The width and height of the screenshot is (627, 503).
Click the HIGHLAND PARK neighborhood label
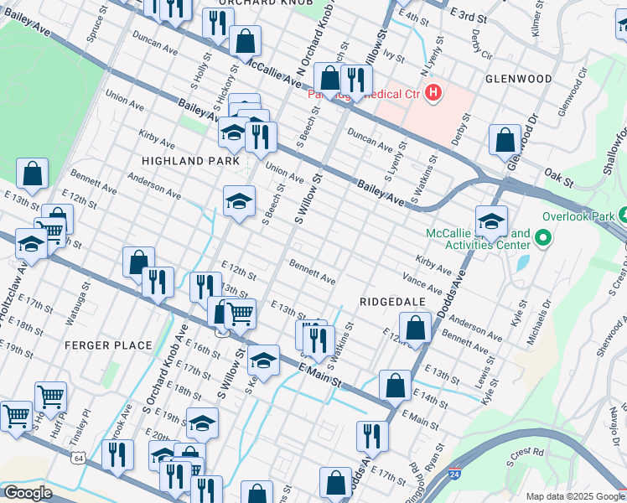click(x=190, y=160)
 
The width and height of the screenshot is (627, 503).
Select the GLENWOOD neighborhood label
click(x=518, y=79)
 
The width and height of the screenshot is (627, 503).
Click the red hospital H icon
click(x=433, y=92)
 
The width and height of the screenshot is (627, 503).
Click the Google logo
click(x=28, y=493)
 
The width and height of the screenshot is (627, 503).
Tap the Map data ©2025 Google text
click(x=574, y=496)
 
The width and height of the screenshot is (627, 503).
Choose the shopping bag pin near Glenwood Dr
click(x=505, y=140)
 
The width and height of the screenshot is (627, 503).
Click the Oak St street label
click(x=558, y=177)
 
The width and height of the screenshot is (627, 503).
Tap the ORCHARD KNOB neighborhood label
click(x=259, y=3)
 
